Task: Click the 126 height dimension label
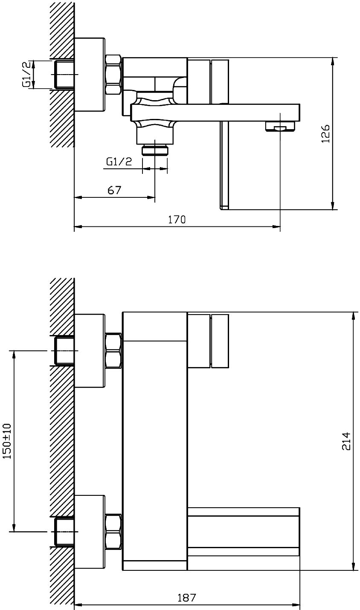[325, 133]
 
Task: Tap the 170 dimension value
[177, 220]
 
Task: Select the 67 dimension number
[114, 190]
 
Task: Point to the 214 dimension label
[346, 441]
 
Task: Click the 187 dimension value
[187, 598]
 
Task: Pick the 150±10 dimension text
[7, 441]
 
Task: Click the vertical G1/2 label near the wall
[26, 74]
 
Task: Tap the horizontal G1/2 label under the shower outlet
[119, 162]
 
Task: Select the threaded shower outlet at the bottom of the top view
[155, 150]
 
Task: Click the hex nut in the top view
[113, 75]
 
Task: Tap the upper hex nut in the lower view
[113, 351]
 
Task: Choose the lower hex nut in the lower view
[113, 532]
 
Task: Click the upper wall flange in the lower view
[90, 350]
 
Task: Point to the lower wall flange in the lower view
[90, 532]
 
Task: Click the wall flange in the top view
[90, 75]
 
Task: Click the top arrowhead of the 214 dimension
[354, 315]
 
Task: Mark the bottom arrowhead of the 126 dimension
[333, 206]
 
